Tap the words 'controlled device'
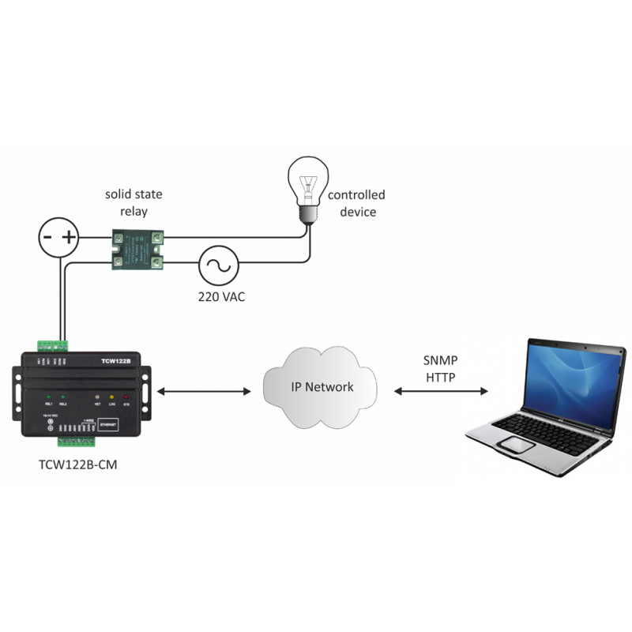[x=356, y=203]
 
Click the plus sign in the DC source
[x=70, y=237]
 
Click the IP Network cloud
[x=320, y=387]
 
